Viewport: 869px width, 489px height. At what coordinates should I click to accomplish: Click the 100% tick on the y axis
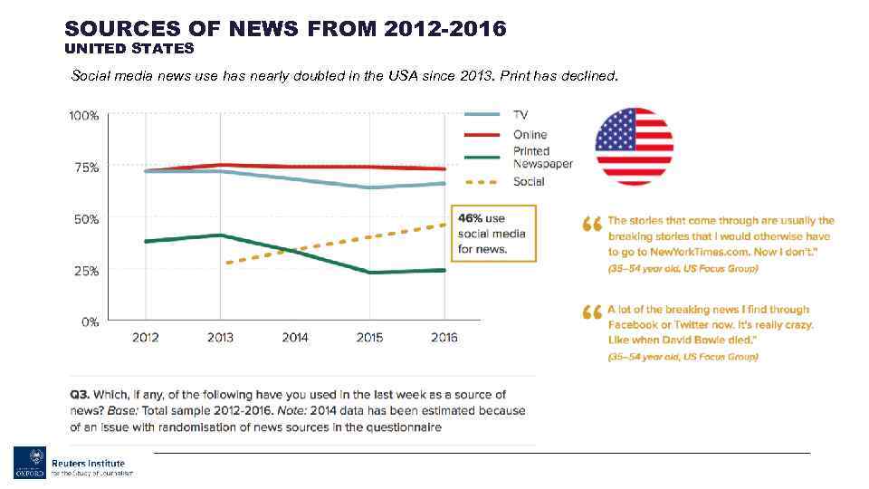[x=84, y=116]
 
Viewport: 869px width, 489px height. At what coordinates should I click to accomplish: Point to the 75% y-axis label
[x=85, y=168]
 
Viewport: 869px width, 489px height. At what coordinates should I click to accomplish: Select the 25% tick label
[x=85, y=271]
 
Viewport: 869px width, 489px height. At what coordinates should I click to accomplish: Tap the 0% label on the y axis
[x=89, y=321]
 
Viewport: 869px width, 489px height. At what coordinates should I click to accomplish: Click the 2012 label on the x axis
[x=146, y=338]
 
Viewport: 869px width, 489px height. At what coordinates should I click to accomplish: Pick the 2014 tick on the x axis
[x=295, y=338]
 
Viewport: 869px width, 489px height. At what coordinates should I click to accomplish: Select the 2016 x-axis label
[x=444, y=338]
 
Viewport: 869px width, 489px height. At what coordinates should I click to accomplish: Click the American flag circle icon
[x=634, y=146]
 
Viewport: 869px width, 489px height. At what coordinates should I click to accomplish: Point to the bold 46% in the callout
[x=470, y=218]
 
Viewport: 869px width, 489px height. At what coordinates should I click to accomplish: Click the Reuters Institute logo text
[x=87, y=463]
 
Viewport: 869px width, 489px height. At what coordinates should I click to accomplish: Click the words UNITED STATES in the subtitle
[x=129, y=49]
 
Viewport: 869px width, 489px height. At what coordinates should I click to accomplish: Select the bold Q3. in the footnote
[x=80, y=395]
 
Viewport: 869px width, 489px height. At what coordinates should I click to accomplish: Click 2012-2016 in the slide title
[x=444, y=29]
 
